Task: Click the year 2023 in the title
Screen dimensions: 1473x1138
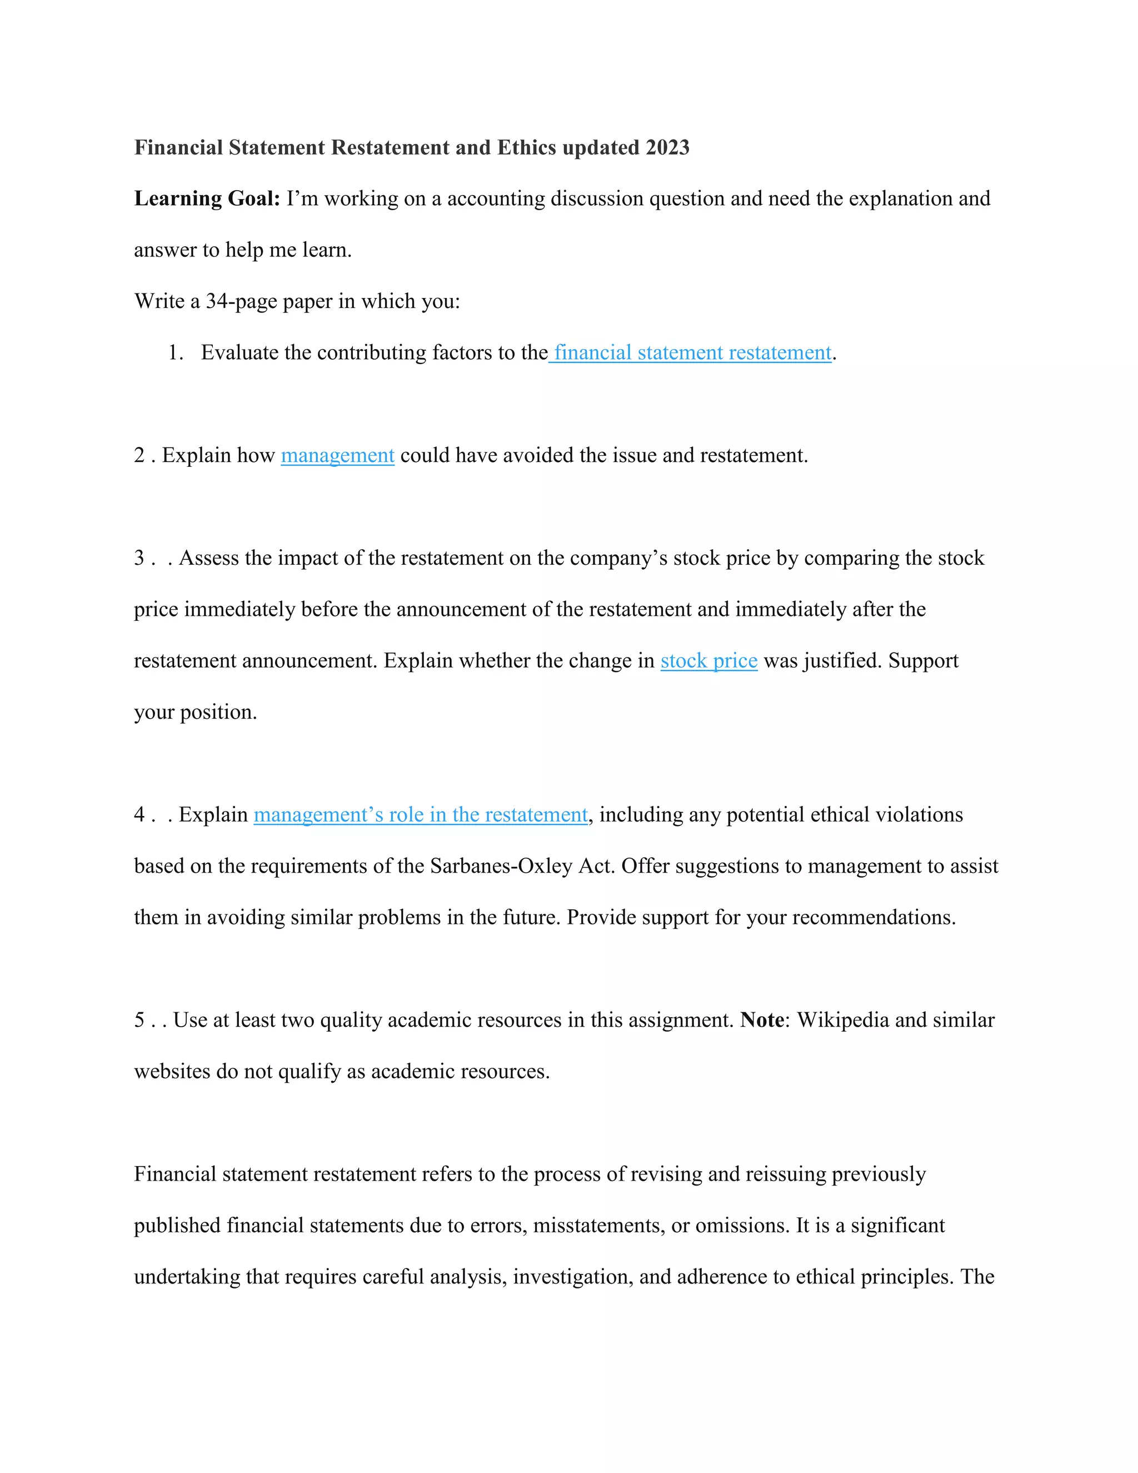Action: tap(667, 148)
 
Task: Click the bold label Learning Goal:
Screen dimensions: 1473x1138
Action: tap(207, 199)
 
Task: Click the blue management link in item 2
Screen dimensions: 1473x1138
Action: tap(337, 456)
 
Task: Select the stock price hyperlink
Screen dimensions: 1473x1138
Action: tap(708, 661)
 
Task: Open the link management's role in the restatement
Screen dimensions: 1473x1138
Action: tap(421, 815)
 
